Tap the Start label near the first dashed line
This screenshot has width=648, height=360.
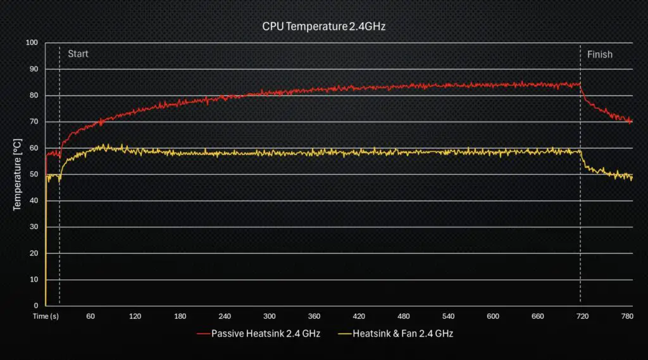coord(78,54)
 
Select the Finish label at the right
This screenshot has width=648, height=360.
coord(599,54)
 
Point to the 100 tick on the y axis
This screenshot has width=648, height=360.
coord(32,43)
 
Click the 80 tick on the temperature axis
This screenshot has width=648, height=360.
coord(34,96)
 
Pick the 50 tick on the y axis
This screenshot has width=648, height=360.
coord(34,175)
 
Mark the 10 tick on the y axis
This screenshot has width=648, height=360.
coord(34,280)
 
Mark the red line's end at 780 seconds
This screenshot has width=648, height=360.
coord(631,121)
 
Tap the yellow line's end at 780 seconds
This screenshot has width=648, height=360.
coord(631,177)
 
